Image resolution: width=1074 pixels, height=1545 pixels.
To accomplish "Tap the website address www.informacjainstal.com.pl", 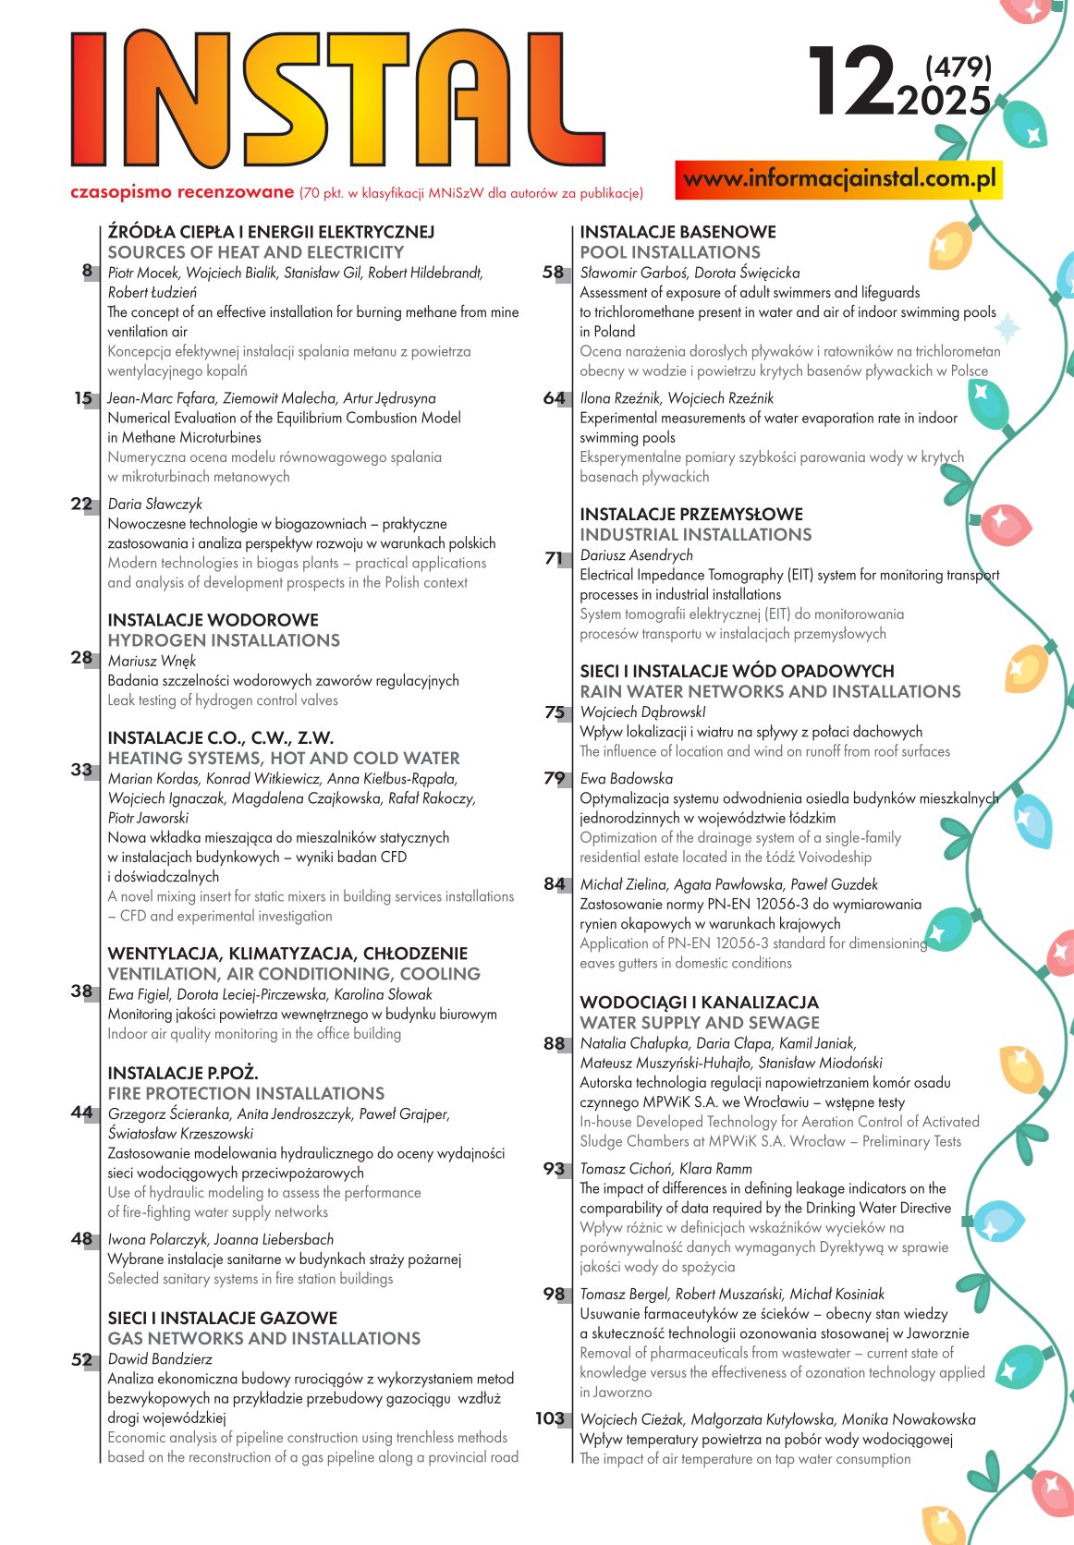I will pyautogui.click(x=839, y=179).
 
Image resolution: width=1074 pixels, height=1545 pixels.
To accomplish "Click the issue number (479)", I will pyautogui.click(x=958, y=67).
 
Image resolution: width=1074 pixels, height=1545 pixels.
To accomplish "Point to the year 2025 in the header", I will pyautogui.click(x=943, y=101).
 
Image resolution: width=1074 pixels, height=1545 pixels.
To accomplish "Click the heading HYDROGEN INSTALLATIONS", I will pyautogui.click(x=224, y=640).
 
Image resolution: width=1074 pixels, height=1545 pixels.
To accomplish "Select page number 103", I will pyautogui.click(x=550, y=1418).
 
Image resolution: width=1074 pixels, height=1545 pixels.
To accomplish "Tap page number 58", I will pyautogui.click(x=553, y=273).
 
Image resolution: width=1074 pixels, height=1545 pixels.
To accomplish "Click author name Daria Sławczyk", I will pyautogui.click(x=154, y=504).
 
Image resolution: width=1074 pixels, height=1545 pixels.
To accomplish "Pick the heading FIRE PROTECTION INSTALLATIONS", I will pyautogui.click(x=246, y=1093).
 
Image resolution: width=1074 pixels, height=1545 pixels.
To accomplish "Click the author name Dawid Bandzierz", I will pyautogui.click(x=160, y=1359).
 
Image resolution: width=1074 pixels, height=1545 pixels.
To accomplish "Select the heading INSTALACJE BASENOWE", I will pyautogui.click(x=677, y=232).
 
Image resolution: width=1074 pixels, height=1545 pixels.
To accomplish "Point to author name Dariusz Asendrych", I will pyautogui.click(x=636, y=555).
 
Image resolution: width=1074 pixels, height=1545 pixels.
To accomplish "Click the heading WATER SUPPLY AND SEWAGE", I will pyautogui.click(x=700, y=1023).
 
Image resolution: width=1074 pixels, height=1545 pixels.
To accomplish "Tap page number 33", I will pyautogui.click(x=81, y=770).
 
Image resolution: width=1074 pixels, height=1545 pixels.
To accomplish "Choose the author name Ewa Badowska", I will pyautogui.click(x=626, y=779).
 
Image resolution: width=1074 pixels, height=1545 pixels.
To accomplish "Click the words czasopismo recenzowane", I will pyautogui.click(x=182, y=192).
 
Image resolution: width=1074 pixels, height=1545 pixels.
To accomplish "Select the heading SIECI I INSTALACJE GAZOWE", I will pyautogui.click(x=223, y=1318).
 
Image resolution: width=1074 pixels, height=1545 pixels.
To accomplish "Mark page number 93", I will pyautogui.click(x=554, y=1169).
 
